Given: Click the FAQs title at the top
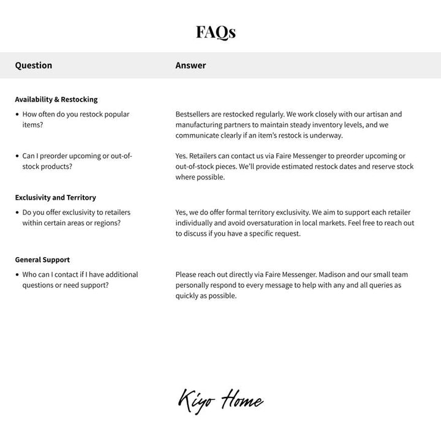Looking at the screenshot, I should [216, 32].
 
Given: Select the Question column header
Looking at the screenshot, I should [34, 66].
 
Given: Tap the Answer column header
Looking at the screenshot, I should [190, 66].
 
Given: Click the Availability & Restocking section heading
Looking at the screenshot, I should [56, 99].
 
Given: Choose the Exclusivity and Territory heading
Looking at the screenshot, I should [55, 198].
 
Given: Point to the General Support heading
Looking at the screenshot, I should [42, 260].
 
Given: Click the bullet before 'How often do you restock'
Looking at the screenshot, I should [17, 115].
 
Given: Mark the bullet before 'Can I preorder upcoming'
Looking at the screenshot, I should [17, 156].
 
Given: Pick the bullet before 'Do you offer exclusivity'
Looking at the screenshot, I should [17, 213].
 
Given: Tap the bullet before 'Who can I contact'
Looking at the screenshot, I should [17, 275].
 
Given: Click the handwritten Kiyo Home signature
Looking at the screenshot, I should [221, 401].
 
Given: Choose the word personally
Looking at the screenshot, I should [195, 285].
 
